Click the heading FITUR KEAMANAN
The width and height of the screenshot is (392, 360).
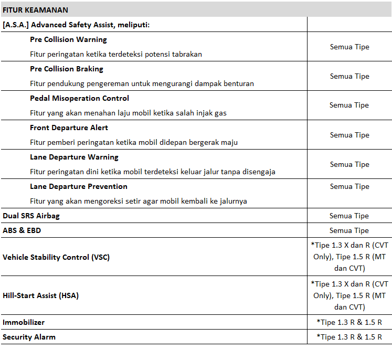[x=35, y=10]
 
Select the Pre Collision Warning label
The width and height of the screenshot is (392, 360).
[x=68, y=39]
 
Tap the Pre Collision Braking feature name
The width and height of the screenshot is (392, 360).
[x=67, y=69]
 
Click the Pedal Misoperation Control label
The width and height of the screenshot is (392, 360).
[x=79, y=98]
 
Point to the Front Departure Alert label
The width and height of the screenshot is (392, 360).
[x=69, y=128]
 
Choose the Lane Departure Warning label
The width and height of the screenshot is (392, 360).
[x=74, y=157]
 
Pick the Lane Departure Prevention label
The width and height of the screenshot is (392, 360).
[x=79, y=186]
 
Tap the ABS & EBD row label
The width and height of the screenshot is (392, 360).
[x=22, y=230]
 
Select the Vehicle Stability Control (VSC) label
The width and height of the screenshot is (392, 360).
[x=56, y=257]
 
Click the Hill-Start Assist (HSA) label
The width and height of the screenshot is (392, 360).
[x=40, y=295]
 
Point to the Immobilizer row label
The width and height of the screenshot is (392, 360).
[x=24, y=322]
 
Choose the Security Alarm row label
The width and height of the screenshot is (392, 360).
[x=29, y=337]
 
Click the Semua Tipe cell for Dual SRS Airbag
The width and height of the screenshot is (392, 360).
[x=349, y=216]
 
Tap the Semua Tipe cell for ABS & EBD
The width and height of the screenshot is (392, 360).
[x=349, y=230]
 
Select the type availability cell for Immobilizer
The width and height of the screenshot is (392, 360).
[x=349, y=322]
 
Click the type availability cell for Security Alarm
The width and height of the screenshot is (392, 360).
[x=349, y=337]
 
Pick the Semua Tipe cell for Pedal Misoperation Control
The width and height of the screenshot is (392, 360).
[x=349, y=105]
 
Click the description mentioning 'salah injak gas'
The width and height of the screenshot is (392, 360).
[x=128, y=113]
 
